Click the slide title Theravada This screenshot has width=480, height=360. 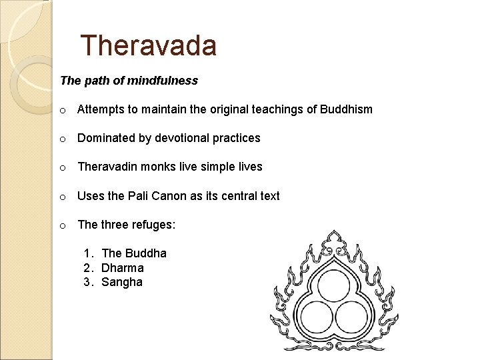[148, 45]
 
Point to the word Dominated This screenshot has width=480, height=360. [106, 138]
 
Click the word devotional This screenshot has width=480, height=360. [183, 138]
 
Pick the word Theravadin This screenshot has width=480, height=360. [107, 167]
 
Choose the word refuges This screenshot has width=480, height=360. [153, 225]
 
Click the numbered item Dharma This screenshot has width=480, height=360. [123, 268]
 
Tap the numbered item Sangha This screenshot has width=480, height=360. [122, 282]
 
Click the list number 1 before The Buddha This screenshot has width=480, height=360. [87, 253]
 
